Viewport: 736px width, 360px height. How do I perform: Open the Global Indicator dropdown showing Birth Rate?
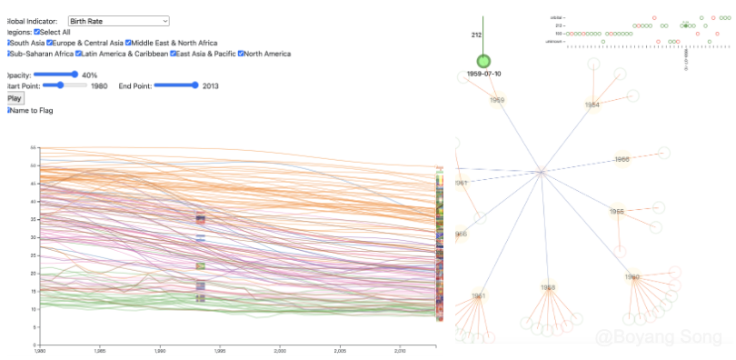click(x=118, y=20)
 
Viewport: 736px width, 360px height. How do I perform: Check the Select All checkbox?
click(x=37, y=32)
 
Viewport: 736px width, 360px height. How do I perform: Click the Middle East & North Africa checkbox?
click(x=129, y=43)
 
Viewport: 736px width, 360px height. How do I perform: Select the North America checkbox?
click(x=242, y=54)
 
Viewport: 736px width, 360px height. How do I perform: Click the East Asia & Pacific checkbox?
click(x=173, y=54)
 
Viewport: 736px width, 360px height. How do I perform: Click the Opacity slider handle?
click(x=75, y=75)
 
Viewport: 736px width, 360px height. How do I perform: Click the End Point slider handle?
click(x=194, y=85)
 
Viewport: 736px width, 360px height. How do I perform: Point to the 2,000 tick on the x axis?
click(x=280, y=350)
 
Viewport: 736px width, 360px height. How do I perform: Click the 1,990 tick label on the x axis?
click(x=160, y=350)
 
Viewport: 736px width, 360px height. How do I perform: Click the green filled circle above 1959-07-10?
click(x=483, y=61)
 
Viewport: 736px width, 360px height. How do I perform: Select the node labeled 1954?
click(x=592, y=105)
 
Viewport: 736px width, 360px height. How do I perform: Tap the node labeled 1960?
click(x=632, y=277)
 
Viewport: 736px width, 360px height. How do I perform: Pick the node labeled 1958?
click(x=548, y=287)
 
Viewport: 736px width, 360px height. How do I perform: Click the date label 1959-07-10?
click(x=483, y=73)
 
